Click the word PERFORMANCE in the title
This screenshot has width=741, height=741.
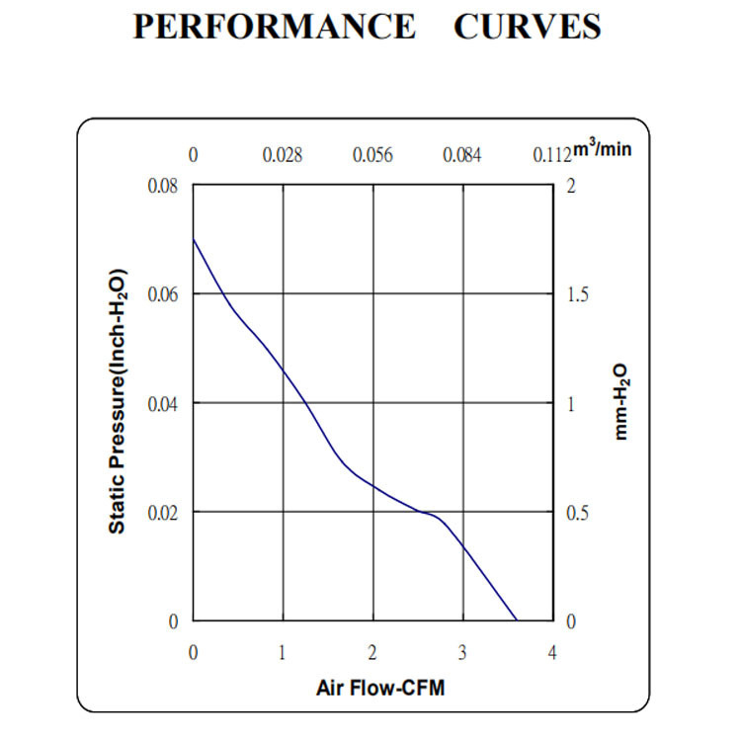point(275,27)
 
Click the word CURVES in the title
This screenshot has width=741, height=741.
point(528,27)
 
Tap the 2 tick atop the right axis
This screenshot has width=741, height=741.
point(570,186)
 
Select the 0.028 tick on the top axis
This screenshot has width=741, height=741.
point(283,155)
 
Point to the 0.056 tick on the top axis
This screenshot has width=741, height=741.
point(372,155)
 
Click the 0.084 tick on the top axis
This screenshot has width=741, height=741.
point(461,155)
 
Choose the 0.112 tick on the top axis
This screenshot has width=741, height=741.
point(551,155)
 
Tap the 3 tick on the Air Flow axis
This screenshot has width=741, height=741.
point(462,652)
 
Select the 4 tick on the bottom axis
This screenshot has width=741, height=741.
point(551,652)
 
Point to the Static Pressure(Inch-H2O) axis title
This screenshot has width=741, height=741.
point(118,401)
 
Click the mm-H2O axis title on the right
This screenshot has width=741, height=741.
point(620,401)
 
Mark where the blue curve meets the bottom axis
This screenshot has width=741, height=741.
point(517,620)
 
